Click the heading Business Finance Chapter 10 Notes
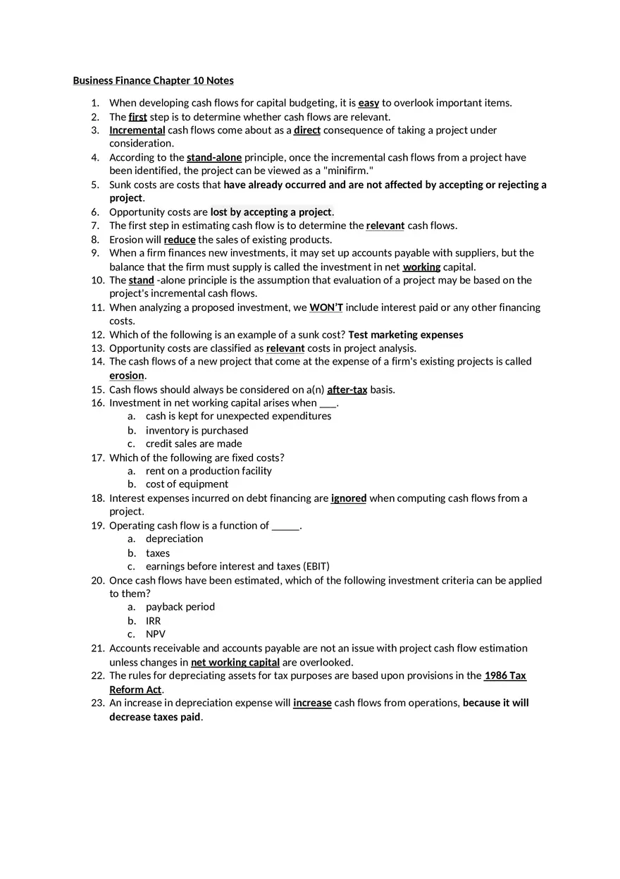[153, 80]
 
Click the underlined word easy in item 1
[368, 103]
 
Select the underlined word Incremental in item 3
[137, 130]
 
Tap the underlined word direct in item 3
[306, 130]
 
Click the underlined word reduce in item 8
[180, 240]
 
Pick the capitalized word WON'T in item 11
[325, 307]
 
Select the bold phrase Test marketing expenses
[405, 335]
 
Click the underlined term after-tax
[347, 390]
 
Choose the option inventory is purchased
[197, 431]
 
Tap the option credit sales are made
[194, 444]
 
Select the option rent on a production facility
[209, 471]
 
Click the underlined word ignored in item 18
[348, 498]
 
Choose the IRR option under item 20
[153, 621]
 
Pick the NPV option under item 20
[155, 634]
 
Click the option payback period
[180, 607]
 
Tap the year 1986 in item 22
[495, 676]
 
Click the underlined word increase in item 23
[312, 703]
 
